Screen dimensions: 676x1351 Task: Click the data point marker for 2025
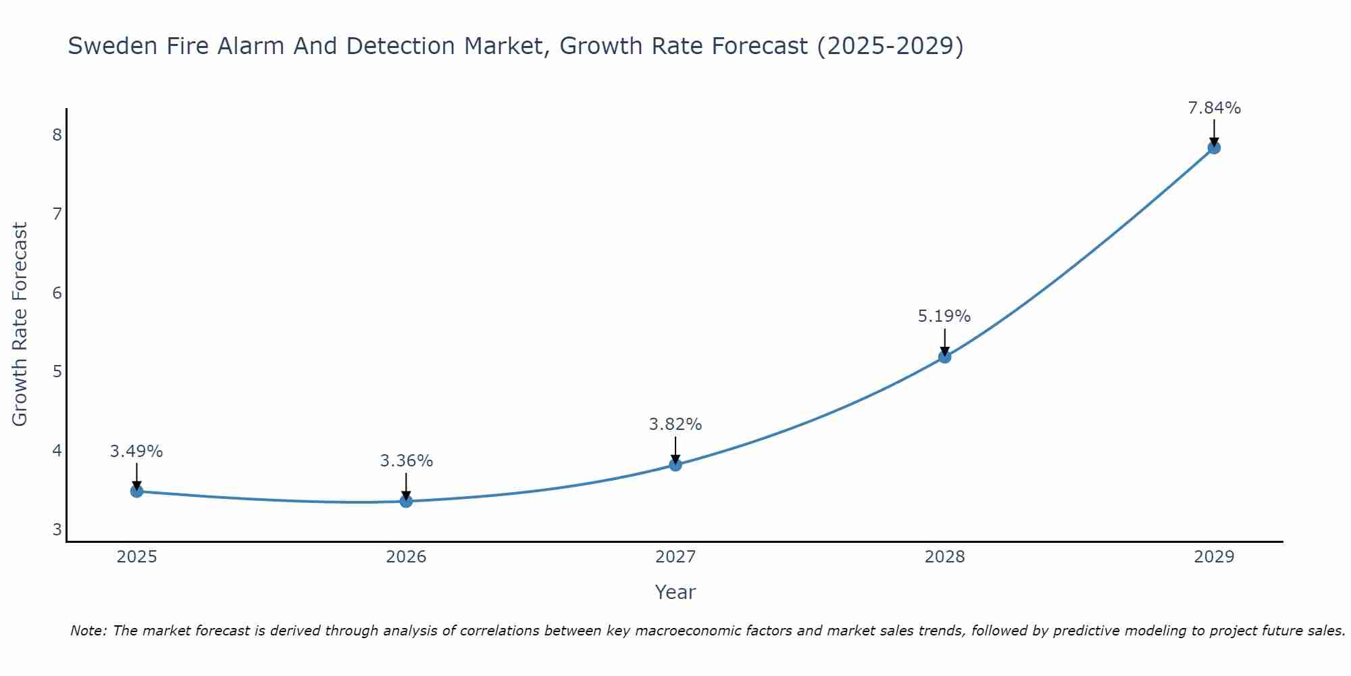136,491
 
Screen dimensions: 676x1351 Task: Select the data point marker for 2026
406,501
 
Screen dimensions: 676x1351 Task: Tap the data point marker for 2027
675,464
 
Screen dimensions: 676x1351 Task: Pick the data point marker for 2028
944,356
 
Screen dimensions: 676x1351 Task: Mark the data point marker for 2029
1214,147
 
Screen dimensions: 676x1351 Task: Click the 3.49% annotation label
136,451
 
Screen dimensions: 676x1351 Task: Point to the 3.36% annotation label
406,461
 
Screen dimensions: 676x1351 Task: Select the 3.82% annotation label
675,425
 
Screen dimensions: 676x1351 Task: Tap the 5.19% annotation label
944,316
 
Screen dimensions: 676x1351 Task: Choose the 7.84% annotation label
1214,107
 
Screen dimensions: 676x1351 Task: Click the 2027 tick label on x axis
675,557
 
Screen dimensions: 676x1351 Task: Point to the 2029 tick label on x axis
1214,557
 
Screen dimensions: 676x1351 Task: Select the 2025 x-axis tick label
136,557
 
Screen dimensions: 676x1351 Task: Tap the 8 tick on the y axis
57,135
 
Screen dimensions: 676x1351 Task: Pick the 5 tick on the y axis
57,371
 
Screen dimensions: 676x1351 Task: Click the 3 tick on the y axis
57,529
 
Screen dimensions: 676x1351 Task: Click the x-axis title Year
675,592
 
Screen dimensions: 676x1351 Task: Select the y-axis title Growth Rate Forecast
20,324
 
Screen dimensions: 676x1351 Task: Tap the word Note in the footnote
88,631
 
